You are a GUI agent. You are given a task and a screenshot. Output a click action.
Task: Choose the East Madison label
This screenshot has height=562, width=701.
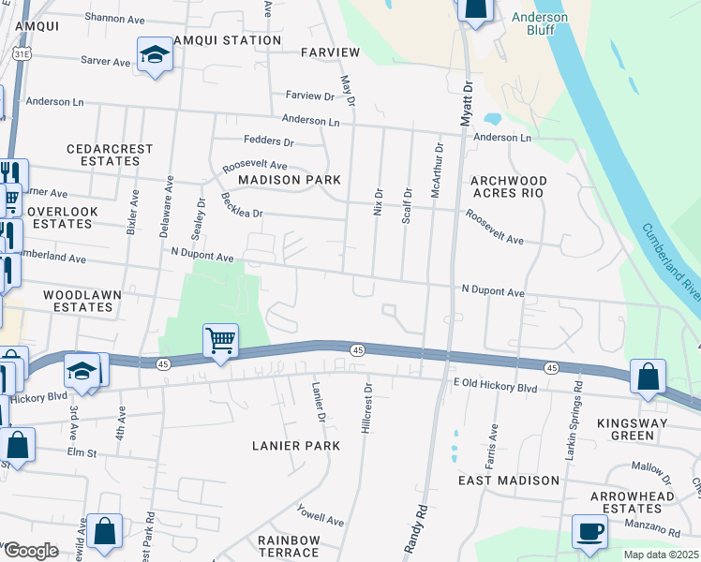pyautogui.click(x=508, y=480)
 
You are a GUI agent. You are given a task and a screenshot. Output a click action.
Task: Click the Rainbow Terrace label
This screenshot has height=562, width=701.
pyautogui.click(x=290, y=548)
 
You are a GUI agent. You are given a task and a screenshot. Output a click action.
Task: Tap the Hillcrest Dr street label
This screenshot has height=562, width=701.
pyautogui.click(x=366, y=406)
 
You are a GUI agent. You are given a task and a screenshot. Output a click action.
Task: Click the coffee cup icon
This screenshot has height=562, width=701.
pyautogui.click(x=589, y=530)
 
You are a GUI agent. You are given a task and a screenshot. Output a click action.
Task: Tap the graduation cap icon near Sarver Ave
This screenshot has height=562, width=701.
pyautogui.click(x=154, y=54)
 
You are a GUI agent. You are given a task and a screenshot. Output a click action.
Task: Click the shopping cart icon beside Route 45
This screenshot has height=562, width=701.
pyautogui.click(x=220, y=341)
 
